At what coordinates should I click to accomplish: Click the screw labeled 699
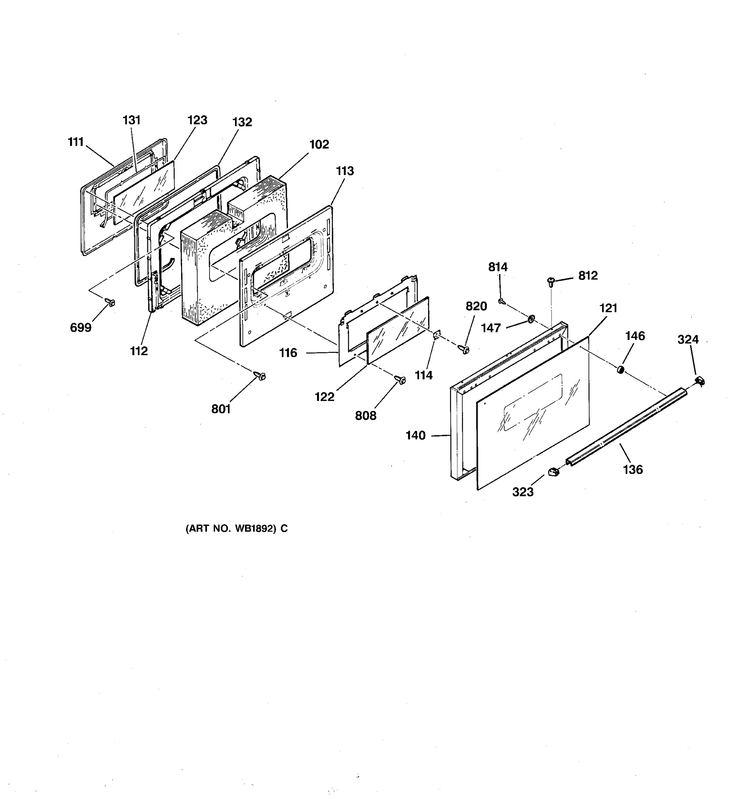pos(110,302)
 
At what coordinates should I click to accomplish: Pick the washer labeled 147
pos(531,320)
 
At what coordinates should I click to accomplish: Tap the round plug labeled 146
pos(621,369)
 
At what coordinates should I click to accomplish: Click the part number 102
pos(319,144)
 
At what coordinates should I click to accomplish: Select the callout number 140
pos(415,435)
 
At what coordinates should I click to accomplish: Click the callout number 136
pos(633,469)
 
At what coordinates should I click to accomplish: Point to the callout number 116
pos(288,353)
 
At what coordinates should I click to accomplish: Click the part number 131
pos(131,120)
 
